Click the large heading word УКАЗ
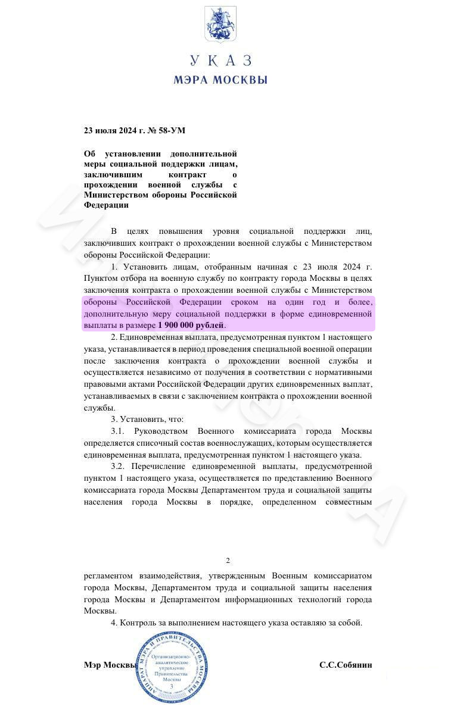coord(220,61)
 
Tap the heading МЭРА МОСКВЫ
coord(220,80)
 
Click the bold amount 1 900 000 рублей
coord(191,326)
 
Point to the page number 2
coord(228,561)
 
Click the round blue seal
coord(171,666)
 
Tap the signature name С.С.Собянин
coord(346,665)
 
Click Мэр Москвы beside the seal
coord(110,665)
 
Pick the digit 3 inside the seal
coord(172,686)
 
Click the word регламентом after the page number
coord(113,575)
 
